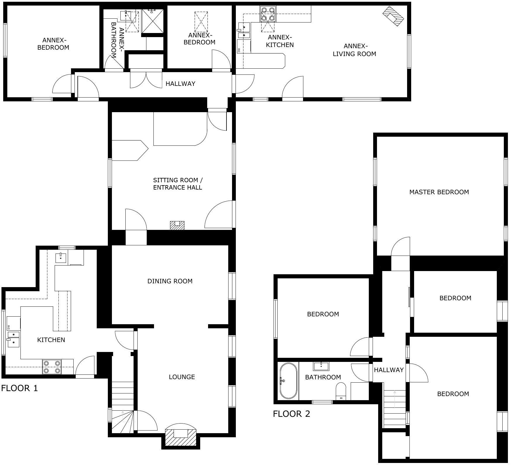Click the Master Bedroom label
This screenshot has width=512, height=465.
439,192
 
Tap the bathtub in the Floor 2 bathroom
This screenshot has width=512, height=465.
288,381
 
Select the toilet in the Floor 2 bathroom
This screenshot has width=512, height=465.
341,391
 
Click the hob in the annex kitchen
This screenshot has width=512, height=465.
268,14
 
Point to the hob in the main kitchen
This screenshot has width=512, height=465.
52,367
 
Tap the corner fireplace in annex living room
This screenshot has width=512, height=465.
393,16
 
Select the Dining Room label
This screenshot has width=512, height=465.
170,281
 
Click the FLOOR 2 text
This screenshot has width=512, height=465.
291,414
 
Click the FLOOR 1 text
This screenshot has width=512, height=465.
20,388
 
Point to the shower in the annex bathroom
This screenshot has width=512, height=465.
153,21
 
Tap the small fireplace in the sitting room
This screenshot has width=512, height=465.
177,225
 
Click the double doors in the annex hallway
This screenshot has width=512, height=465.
146,79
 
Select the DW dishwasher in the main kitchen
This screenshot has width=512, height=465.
13,323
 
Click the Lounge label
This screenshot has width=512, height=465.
182,377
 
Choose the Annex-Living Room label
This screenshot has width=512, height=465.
354,50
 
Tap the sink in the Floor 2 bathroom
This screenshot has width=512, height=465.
321,366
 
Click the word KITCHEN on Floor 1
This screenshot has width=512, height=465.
51,340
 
